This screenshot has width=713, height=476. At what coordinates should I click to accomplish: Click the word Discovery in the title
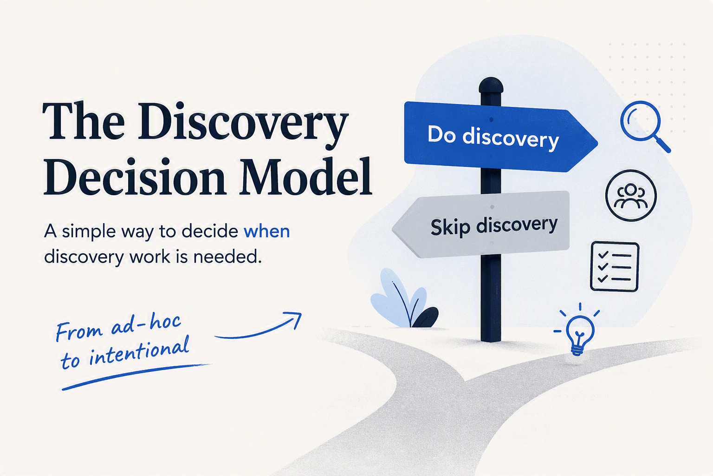(x=243, y=123)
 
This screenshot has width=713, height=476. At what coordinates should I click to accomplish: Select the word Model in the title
(x=305, y=176)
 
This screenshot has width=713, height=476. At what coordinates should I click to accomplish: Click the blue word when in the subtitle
(x=267, y=231)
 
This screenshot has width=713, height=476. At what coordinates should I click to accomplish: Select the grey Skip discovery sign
(x=480, y=225)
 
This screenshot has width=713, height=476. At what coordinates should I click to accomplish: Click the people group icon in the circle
(x=631, y=195)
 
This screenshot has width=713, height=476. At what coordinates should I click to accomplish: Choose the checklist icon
(x=615, y=267)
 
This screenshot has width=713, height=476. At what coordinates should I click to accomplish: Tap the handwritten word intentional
(x=139, y=350)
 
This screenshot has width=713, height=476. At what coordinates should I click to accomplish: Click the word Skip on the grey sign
(x=450, y=227)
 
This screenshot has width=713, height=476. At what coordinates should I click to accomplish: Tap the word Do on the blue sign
(x=441, y=134)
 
